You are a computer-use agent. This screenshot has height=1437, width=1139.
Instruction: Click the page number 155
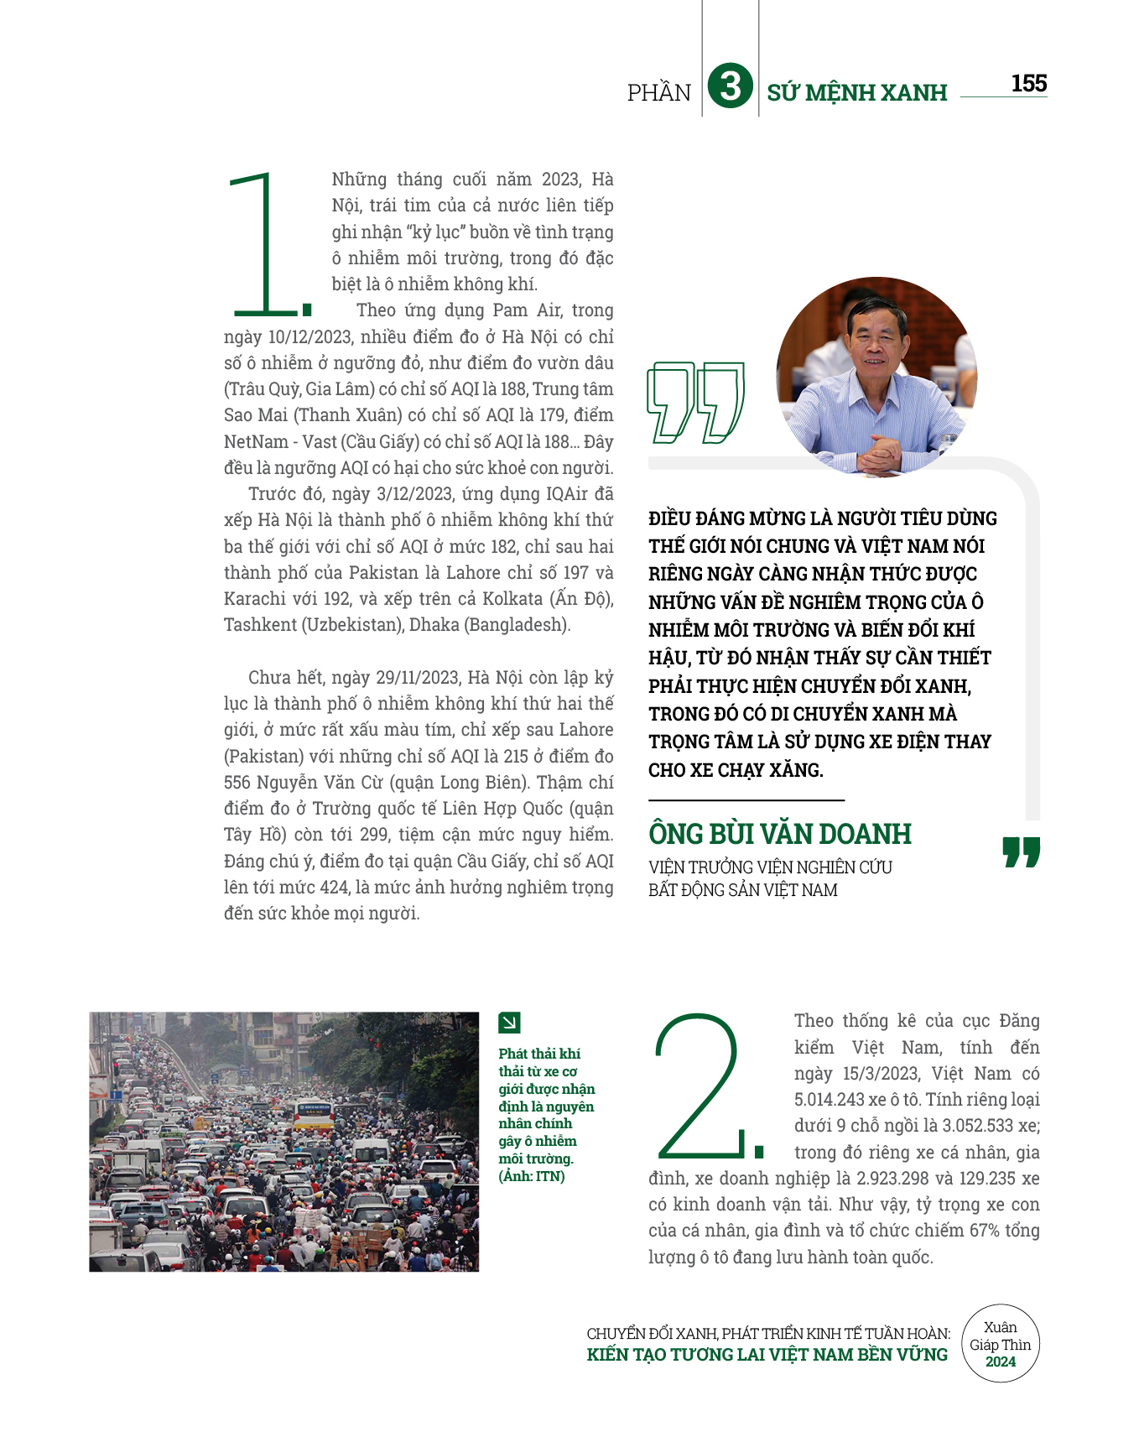click(1028, 83)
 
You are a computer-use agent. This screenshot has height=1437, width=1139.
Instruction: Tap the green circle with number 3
click(730, 86)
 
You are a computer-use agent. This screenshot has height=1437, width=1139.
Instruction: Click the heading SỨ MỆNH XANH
click(856, 92)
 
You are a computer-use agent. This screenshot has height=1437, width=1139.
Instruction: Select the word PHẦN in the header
click(659, 92)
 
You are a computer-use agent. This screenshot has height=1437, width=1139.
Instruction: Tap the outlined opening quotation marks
click(694, 402)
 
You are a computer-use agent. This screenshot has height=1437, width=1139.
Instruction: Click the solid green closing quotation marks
click(1021, 851)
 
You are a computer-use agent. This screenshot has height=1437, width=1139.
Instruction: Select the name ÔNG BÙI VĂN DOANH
click(779, 834)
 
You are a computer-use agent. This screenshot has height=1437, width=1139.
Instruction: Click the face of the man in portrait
click(876, 341)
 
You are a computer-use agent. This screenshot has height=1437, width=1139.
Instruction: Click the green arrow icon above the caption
click(509, 1022)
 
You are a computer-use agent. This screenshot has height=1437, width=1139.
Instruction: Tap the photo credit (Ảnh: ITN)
click(532, 1176)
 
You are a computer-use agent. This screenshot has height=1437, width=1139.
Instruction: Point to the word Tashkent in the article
click(260, 625)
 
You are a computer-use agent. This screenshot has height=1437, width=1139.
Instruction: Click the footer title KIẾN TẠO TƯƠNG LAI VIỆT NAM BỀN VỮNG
click(767, 1355)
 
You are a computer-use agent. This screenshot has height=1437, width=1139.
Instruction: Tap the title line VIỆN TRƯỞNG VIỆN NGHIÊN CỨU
click(769, 867)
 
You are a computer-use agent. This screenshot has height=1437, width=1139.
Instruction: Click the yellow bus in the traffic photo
click(313, 1113)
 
